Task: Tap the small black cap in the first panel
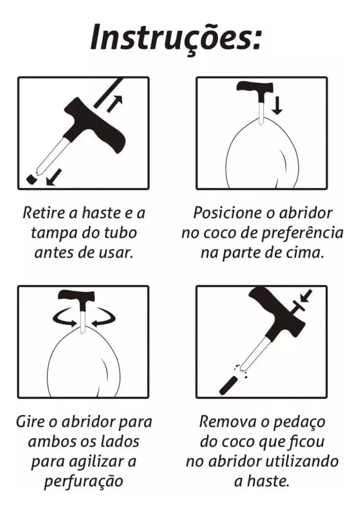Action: [x=32, y=179]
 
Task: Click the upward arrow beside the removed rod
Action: [x=115, y=104]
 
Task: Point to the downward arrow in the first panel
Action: [x=54, y=177]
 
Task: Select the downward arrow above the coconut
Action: [x=277, y=105]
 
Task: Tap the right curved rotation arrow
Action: [x=103, y=318]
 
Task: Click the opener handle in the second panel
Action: [x=255, y=91]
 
